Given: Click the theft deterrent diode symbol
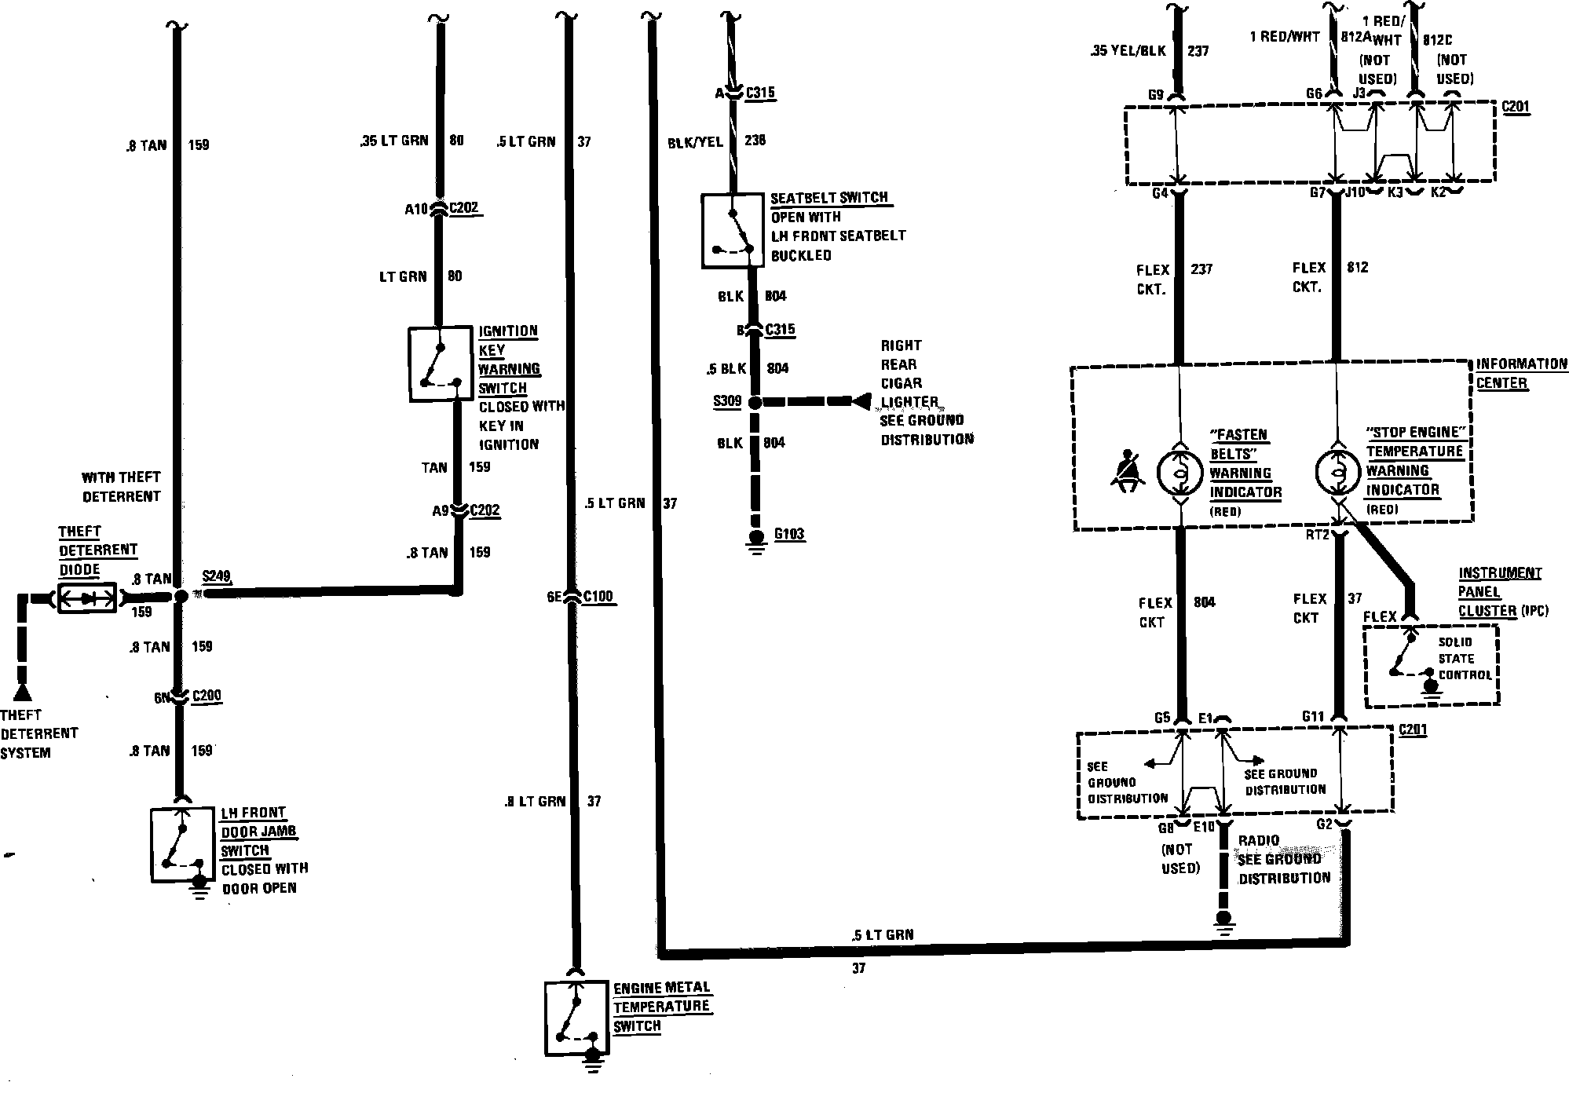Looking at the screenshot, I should [87, 598].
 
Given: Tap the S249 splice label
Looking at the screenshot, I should [216, 577].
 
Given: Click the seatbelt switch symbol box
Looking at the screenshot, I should [732, 230].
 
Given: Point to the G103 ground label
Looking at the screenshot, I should [789, 535].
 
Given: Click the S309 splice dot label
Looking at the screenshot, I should [726, 401].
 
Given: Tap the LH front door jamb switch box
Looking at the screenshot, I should [182, 844].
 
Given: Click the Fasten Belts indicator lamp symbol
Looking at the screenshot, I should [1179, 472].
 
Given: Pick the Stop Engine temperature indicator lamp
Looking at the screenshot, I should [1337, 472].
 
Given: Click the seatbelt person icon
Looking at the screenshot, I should [1128, 472].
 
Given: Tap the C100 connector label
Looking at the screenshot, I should [598, 597].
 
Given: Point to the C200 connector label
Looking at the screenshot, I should [207, 696].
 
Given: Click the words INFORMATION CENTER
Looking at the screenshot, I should [1510, 374].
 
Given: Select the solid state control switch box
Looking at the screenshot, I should [1431, 666].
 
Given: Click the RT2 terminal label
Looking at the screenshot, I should [1318, 535].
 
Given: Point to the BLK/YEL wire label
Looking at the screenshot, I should [695, 141].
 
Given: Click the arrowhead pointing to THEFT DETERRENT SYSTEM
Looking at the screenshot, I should [22, 693].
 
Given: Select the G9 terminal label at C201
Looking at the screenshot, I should [1155, 96].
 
